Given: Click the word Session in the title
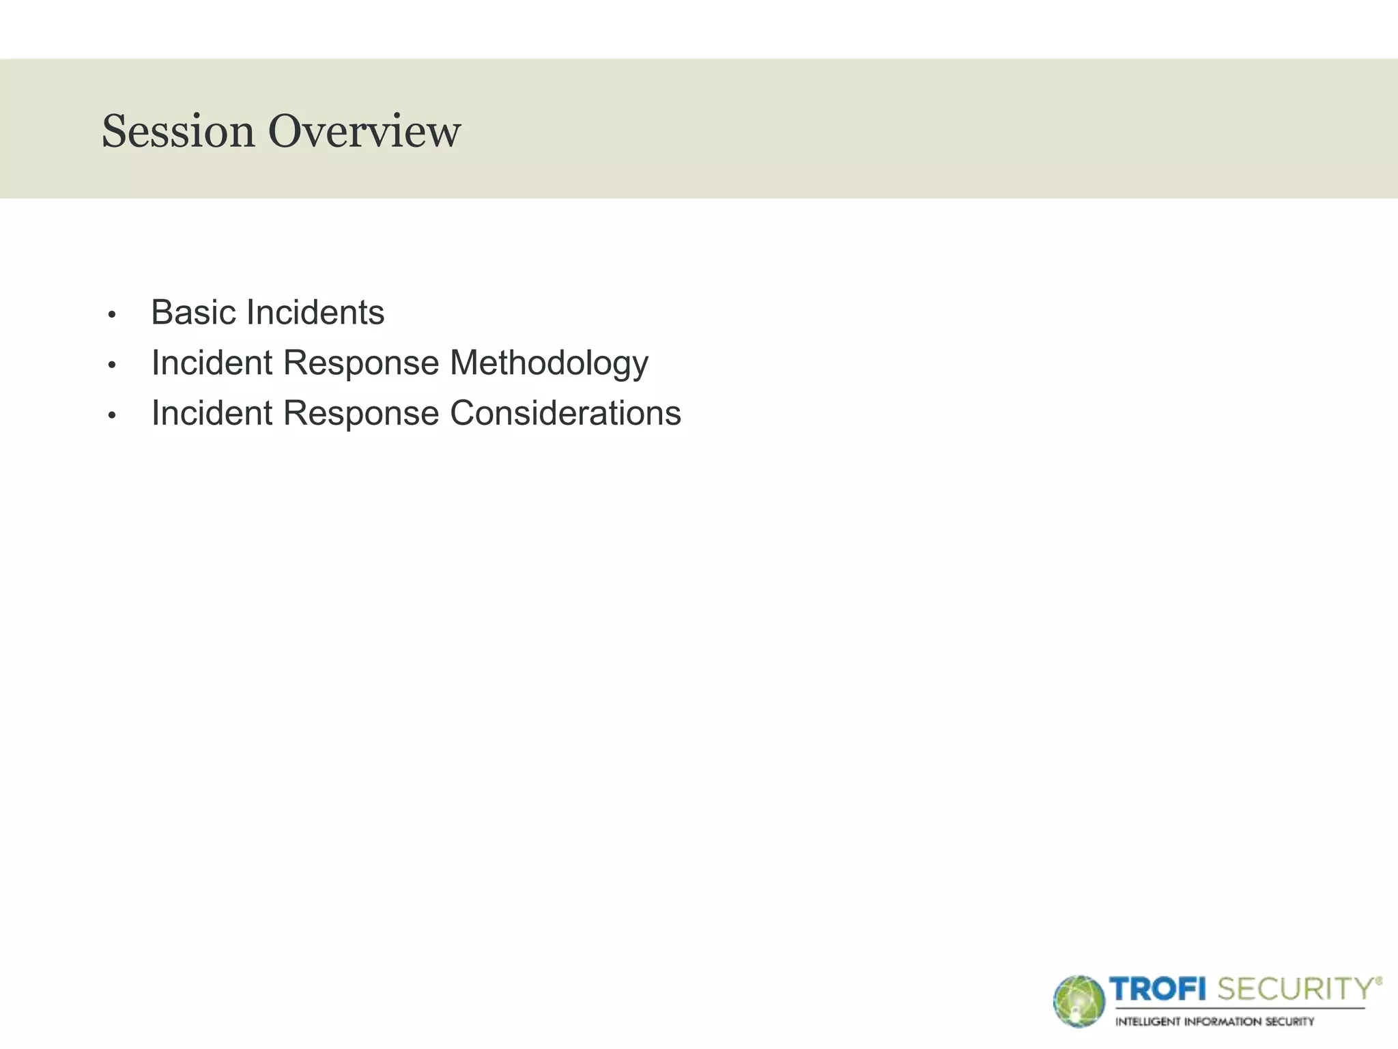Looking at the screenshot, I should pos(177,131).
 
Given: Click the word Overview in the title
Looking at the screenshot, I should pos(364,131).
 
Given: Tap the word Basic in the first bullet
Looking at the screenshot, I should pos(194,313).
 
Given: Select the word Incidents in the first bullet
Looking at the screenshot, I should pos(315,313).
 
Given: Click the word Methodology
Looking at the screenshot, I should pos(549,363).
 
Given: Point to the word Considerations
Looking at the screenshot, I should pos(565,413).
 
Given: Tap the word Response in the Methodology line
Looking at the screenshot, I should pos(361,363).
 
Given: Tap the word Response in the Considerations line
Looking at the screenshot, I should pos(361,414).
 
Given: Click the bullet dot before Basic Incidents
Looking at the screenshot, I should pos(113,315).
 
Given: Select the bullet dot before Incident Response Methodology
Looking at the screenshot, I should pos(113,365).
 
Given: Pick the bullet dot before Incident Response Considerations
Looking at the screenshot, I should pos(113,415).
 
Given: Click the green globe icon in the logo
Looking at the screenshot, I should pos(1079,1001).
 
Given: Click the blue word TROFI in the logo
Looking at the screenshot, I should pos(1158,989).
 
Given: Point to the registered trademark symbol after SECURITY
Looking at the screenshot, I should pos(1379,981).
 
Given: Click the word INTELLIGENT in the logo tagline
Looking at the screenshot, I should pos(1147,1022).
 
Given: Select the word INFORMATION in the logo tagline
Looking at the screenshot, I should pos(1223,1022).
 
